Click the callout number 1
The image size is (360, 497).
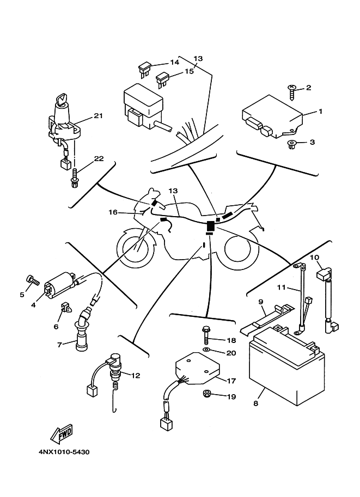(321, 111)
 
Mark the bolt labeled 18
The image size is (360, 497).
(206, 332)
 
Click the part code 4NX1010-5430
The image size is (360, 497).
(64, 451)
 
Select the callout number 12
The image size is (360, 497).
(136, 375)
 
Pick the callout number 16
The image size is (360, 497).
(113, 212)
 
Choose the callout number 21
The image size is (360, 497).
(98, 116)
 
